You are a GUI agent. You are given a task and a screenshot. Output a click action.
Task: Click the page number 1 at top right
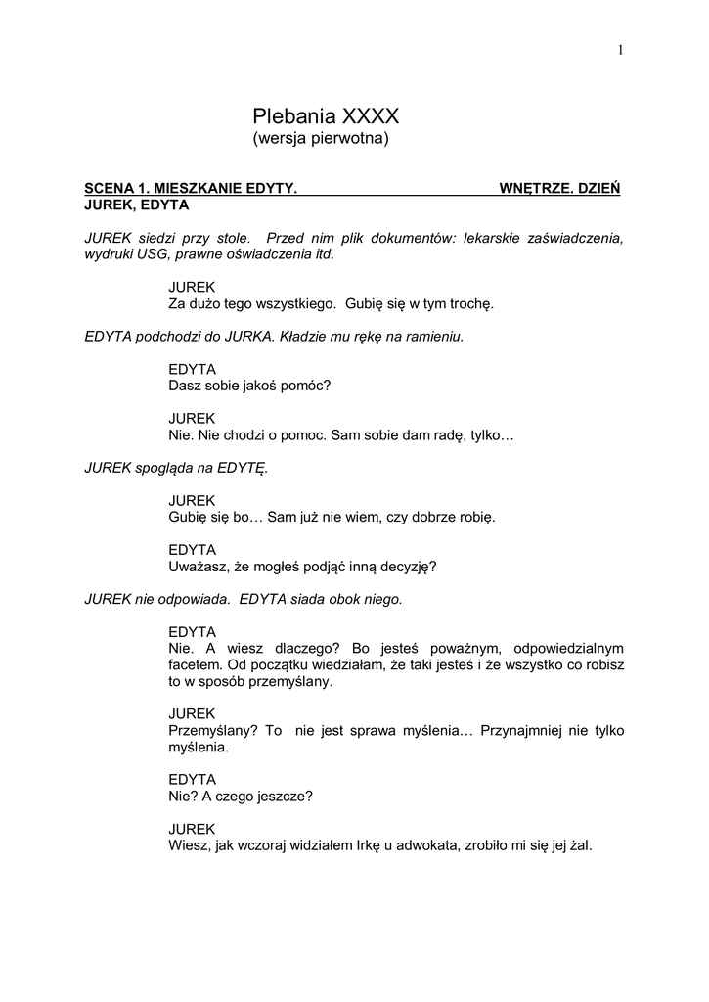coord(620,51)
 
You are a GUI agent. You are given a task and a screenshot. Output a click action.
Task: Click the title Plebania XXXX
coord(326,116)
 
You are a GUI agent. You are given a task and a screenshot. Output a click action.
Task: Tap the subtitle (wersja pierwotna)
coord(321,139)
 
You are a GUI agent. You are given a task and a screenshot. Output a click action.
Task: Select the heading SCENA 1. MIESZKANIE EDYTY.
coord(191,187)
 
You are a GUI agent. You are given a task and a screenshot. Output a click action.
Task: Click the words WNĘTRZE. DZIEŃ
coord(559,187)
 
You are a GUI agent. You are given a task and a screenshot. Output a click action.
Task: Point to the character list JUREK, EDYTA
coord(137,205)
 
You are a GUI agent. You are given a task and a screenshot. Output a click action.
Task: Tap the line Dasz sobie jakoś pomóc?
coord(250,385)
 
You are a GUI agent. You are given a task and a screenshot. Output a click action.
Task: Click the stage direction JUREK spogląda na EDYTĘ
coord(176,467)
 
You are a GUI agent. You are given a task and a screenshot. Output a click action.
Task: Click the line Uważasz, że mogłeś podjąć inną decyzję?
coord(302,566)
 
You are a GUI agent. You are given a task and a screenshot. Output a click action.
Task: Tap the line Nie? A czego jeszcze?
coord(241,796)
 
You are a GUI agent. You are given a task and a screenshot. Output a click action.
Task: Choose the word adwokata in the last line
coord(410,845)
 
